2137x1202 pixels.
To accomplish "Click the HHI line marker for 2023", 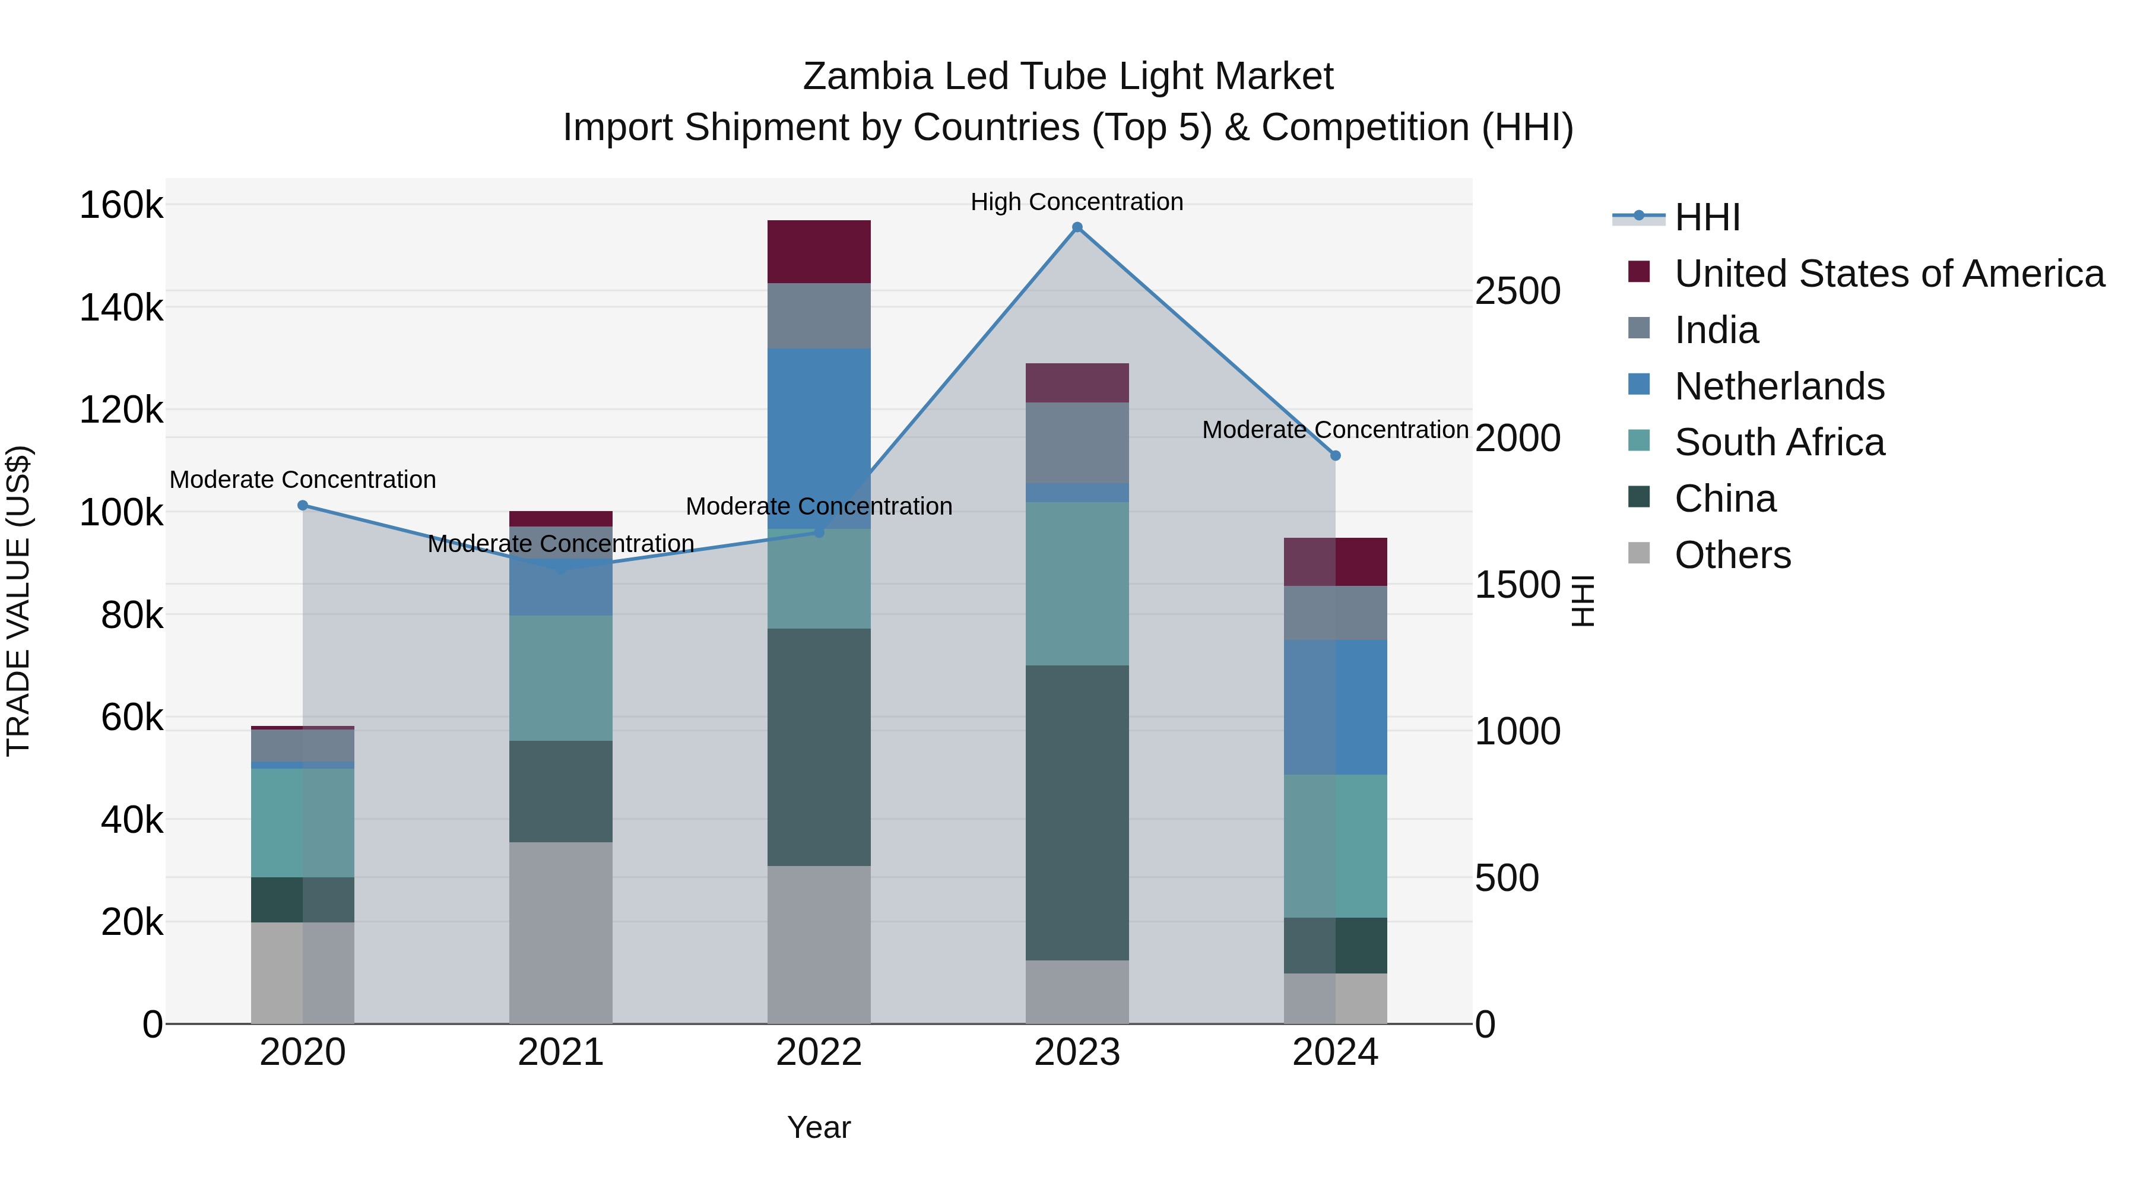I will (1077, 227).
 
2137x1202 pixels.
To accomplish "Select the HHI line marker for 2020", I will (303, 505).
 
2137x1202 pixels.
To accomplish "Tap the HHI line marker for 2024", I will (1335, 455).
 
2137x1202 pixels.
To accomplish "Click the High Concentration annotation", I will (1076, 202).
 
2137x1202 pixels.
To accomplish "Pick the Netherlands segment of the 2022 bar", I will (819, 415).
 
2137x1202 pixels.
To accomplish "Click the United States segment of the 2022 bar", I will (819, 251).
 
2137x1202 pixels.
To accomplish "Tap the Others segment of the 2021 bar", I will (561, 933).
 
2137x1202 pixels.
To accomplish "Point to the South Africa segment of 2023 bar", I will (1077, 583).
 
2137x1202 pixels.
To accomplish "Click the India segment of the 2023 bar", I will (1077, 443).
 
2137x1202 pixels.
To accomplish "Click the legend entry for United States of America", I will (1888, 274).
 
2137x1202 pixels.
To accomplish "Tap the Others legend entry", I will (1732, 555).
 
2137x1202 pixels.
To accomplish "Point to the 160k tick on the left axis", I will (121, 205).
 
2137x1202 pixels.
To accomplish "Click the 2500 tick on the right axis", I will (1517, 291).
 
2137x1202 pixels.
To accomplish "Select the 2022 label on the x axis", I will (819, 1052).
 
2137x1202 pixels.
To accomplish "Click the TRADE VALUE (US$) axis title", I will (18, 601).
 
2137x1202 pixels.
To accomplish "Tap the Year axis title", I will (819, 1127).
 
